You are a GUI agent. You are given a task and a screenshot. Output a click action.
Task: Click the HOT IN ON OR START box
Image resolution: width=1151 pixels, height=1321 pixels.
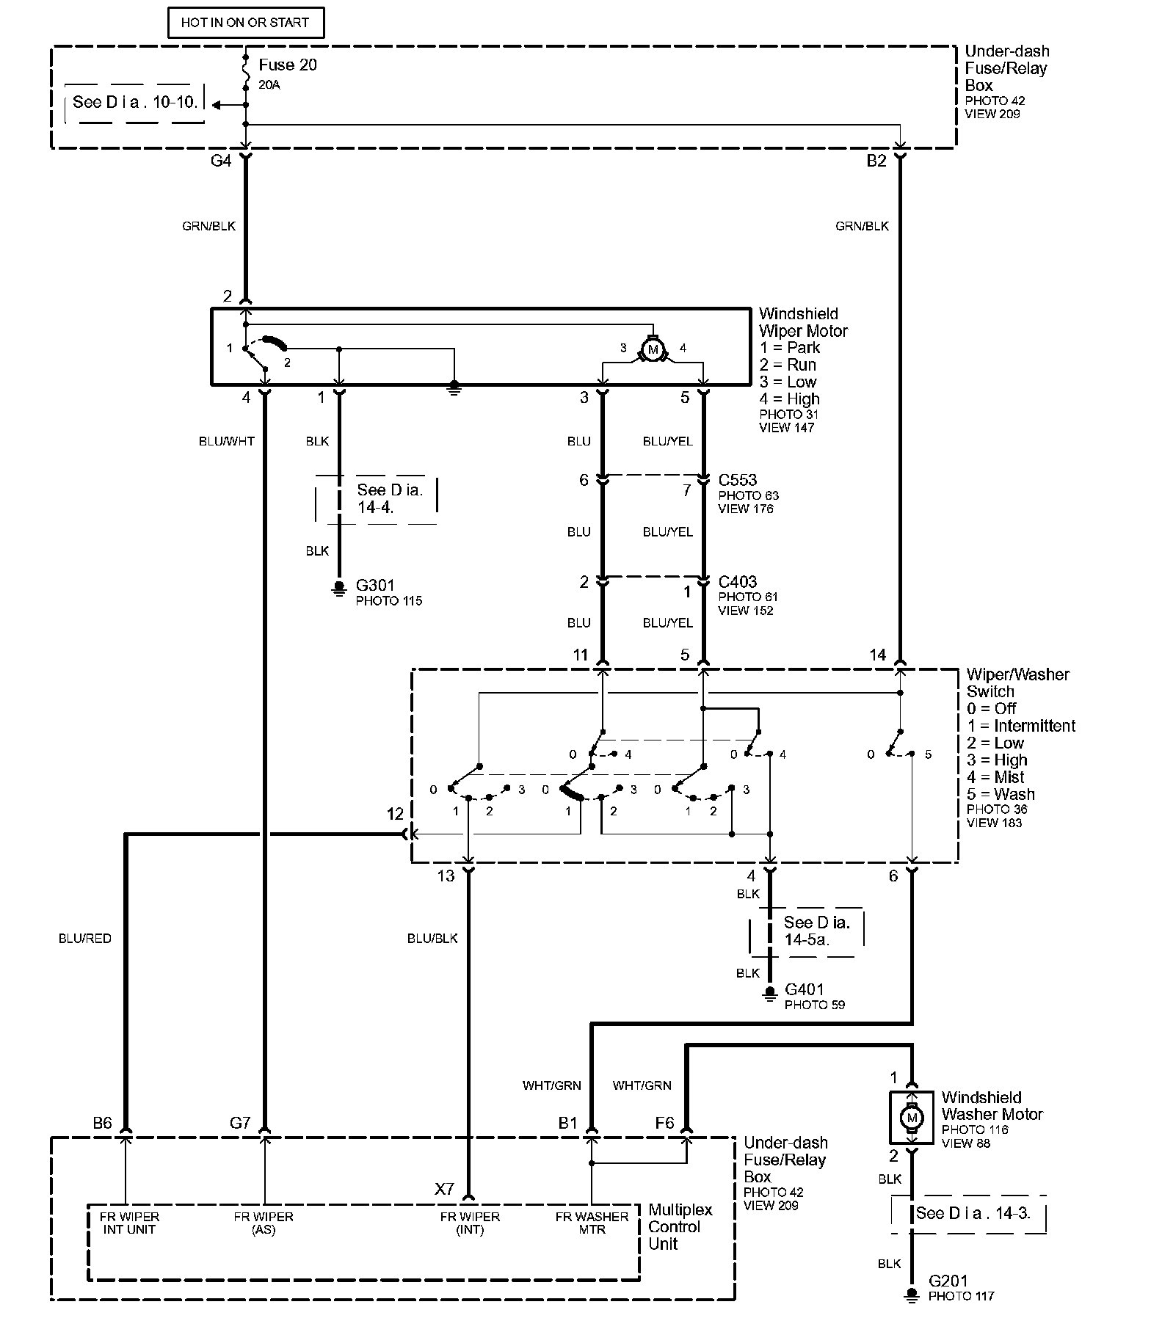245,23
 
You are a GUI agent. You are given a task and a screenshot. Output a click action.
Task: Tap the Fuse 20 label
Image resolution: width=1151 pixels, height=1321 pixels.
287,65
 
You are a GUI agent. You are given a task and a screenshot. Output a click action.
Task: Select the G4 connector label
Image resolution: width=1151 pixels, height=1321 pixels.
221,161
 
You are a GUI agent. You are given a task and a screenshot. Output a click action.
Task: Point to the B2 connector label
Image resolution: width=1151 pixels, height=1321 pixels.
876,161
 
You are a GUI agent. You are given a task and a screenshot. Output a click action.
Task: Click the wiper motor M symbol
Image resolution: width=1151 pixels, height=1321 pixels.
653,348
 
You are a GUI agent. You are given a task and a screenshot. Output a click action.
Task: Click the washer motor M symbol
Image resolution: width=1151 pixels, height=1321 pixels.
912,1118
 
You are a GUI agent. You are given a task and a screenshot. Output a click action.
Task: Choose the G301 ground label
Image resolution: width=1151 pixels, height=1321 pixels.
375,586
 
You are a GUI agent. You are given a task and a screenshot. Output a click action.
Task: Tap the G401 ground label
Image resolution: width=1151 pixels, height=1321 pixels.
805,989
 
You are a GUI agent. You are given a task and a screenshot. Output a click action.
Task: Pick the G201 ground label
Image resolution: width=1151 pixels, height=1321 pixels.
948,1281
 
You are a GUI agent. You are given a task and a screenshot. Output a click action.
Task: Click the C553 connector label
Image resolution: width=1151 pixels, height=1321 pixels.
737,480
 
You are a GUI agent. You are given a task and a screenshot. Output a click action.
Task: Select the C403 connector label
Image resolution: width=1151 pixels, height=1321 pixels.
737,582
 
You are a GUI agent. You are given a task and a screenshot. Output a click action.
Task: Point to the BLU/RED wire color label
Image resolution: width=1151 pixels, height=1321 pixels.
85,939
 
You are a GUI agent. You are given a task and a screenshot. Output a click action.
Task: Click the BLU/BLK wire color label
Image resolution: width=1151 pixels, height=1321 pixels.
432,939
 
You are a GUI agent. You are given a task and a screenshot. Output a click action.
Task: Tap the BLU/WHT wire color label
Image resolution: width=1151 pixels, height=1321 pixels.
226,442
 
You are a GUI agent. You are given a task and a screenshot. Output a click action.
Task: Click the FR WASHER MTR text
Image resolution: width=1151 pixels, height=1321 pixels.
592,1223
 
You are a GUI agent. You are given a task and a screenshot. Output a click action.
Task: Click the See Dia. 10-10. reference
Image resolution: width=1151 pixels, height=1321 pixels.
136,103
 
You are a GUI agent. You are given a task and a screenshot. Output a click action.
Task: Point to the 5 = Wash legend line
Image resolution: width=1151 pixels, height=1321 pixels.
1001,794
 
